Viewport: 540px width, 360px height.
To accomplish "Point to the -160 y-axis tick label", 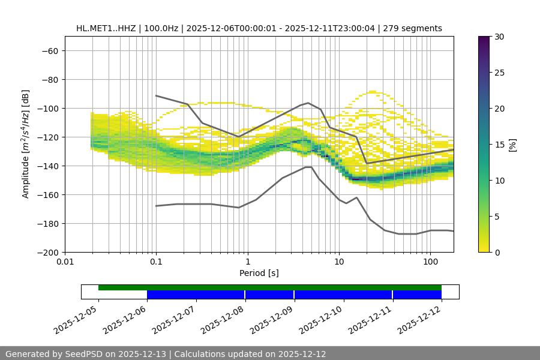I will point(47,194).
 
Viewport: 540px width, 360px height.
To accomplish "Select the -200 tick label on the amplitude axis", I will point(47,252).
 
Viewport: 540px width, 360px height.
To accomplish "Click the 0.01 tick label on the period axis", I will point(65,262).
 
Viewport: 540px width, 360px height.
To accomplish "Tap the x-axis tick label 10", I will point(339,262).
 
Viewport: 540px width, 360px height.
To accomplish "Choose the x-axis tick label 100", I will point(430,262).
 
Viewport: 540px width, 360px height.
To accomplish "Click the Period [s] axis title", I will point(259,273).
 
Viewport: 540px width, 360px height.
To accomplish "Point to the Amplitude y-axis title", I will point(25,144).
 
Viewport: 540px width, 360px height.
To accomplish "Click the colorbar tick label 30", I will point(499,37).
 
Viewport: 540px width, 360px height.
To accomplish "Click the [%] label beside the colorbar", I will point(512,145).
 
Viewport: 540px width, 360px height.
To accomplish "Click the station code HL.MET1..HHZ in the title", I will point(109,28).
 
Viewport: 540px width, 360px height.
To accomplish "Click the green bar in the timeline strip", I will point(270,287).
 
